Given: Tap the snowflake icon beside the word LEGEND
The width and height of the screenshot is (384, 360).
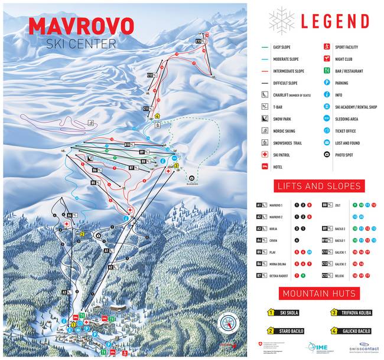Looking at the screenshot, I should tap(282, 21).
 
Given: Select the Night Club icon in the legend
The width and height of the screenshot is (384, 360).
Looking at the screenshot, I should tap(326, 59).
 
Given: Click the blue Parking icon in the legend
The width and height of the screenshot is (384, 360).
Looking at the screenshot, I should tap(326, 83).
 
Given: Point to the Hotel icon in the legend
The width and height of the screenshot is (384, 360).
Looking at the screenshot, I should tap(265, 167).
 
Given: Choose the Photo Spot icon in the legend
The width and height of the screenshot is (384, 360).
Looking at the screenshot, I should tap(326, 155).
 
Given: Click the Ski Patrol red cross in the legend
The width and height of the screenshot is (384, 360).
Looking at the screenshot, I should tap(265, 155).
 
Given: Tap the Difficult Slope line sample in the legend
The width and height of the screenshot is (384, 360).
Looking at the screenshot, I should tap(265, 83).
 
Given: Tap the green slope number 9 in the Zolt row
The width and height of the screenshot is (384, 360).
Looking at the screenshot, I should tap(354, 205).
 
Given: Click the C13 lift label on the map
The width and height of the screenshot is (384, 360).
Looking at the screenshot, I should tap(199, 41).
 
